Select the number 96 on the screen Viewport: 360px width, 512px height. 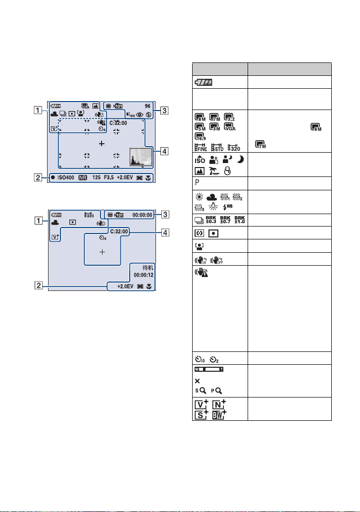(147, 106)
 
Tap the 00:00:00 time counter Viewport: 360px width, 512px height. (144, 215)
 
